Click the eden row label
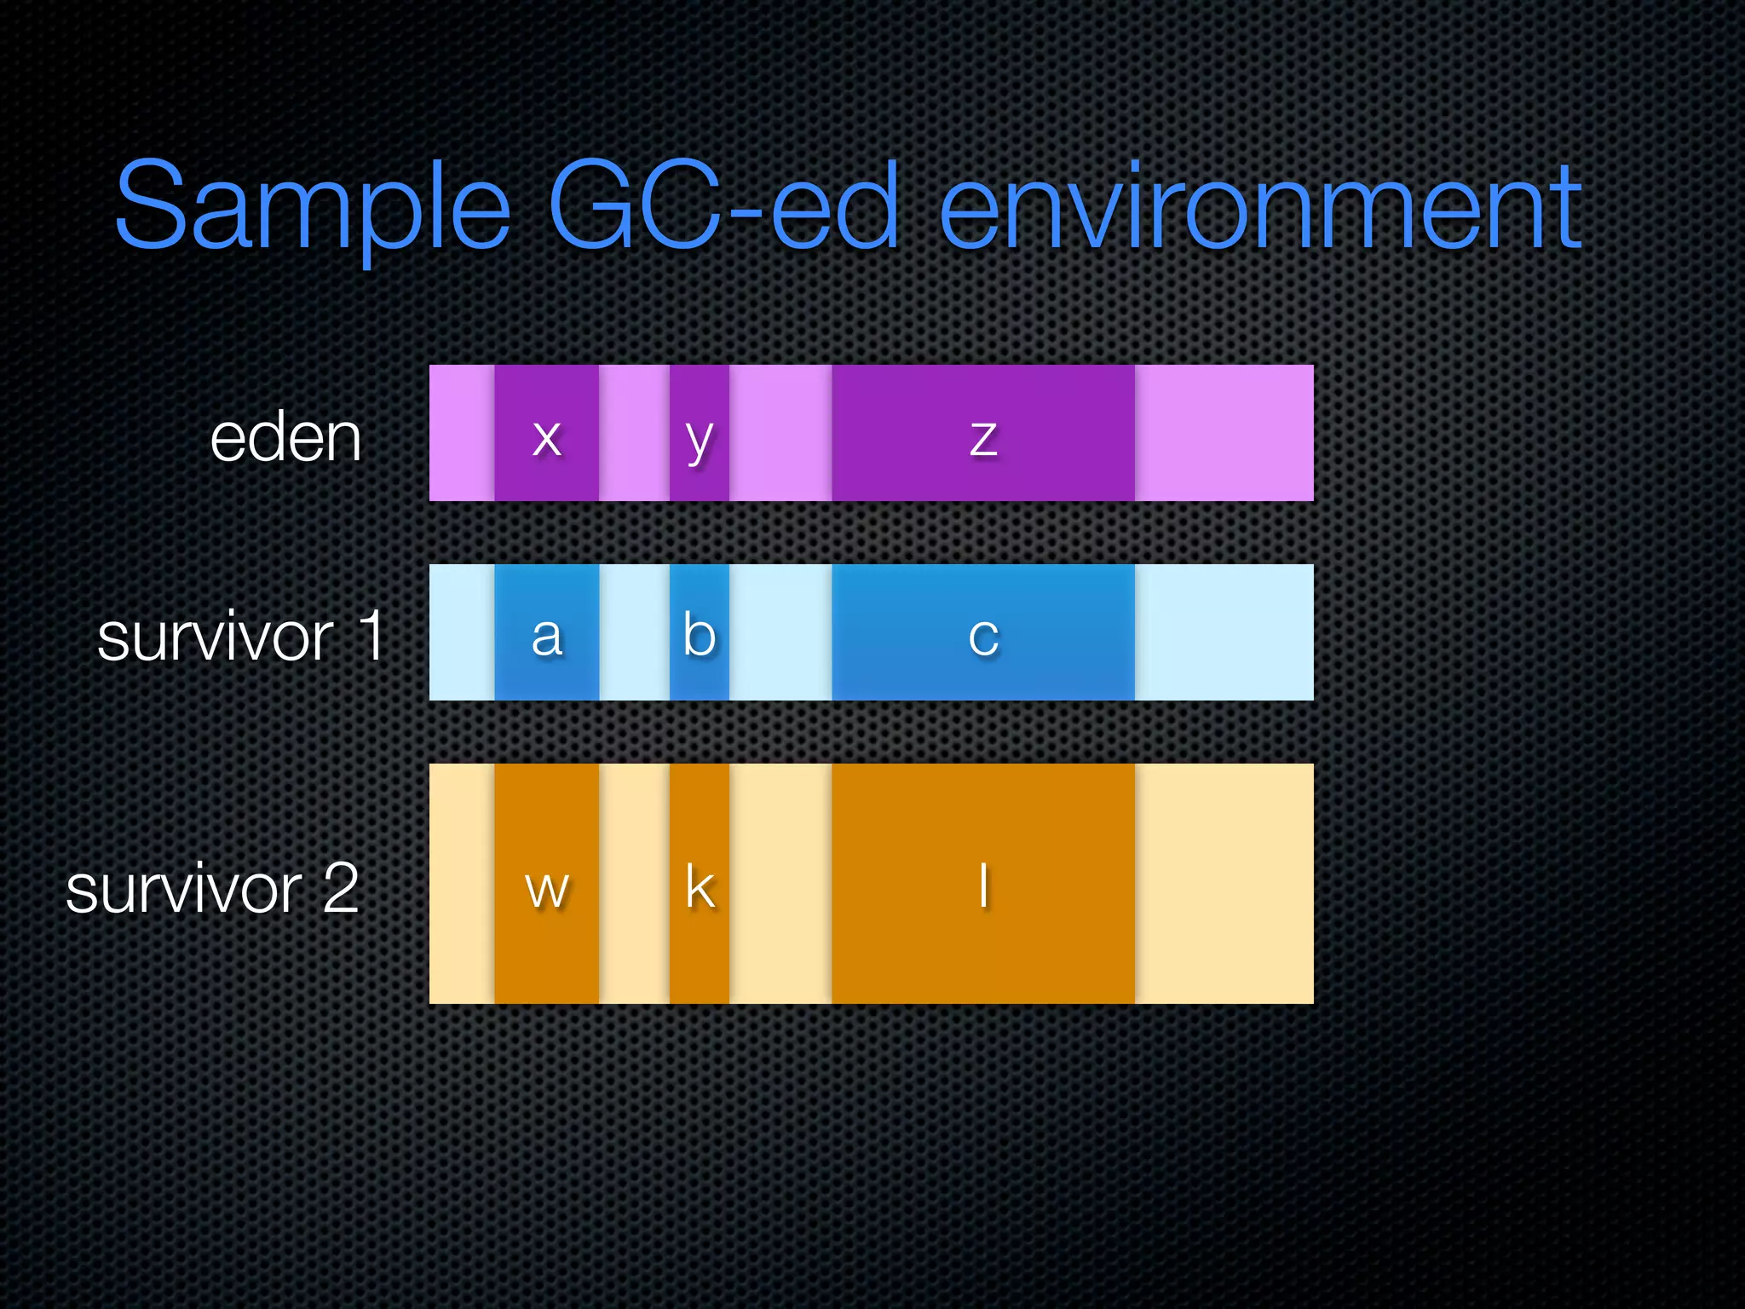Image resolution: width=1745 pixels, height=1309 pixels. click(286, 437)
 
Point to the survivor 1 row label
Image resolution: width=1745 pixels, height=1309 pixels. click(241, 636)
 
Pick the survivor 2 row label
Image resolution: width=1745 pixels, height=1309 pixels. click(212, 888)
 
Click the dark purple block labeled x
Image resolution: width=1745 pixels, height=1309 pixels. click(546, 434)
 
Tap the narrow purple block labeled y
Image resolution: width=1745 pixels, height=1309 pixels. click(699, 434)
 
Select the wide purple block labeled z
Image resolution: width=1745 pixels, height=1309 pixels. click(982, 434)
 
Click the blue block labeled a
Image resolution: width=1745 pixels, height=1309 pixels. click(546, 633)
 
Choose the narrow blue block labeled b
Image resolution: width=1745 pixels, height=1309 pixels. click(699, 633)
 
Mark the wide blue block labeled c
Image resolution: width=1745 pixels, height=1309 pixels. click(982, 633)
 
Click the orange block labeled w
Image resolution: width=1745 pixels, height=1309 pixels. click(546, 885)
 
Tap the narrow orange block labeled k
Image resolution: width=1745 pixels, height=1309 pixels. click(699, 885)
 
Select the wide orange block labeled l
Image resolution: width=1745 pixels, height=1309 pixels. click(982, 885)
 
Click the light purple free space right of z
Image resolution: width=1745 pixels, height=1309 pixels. click(1224, 434)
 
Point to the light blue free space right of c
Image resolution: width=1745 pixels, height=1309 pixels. click(1224, 633)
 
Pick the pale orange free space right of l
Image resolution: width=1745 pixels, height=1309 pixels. click(1224, 885)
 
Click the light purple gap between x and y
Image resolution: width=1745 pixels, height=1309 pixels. click(634, 434)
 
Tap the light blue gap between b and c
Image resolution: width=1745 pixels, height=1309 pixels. click(780, 633)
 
